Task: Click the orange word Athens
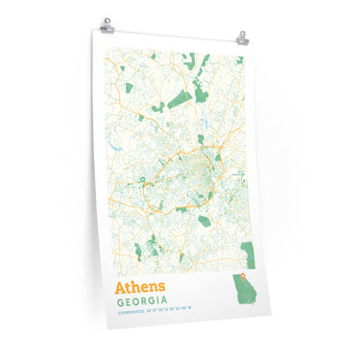(x=140, y=286)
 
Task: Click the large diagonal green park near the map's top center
(x=179, y=99)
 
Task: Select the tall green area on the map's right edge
(x=248, y=253)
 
